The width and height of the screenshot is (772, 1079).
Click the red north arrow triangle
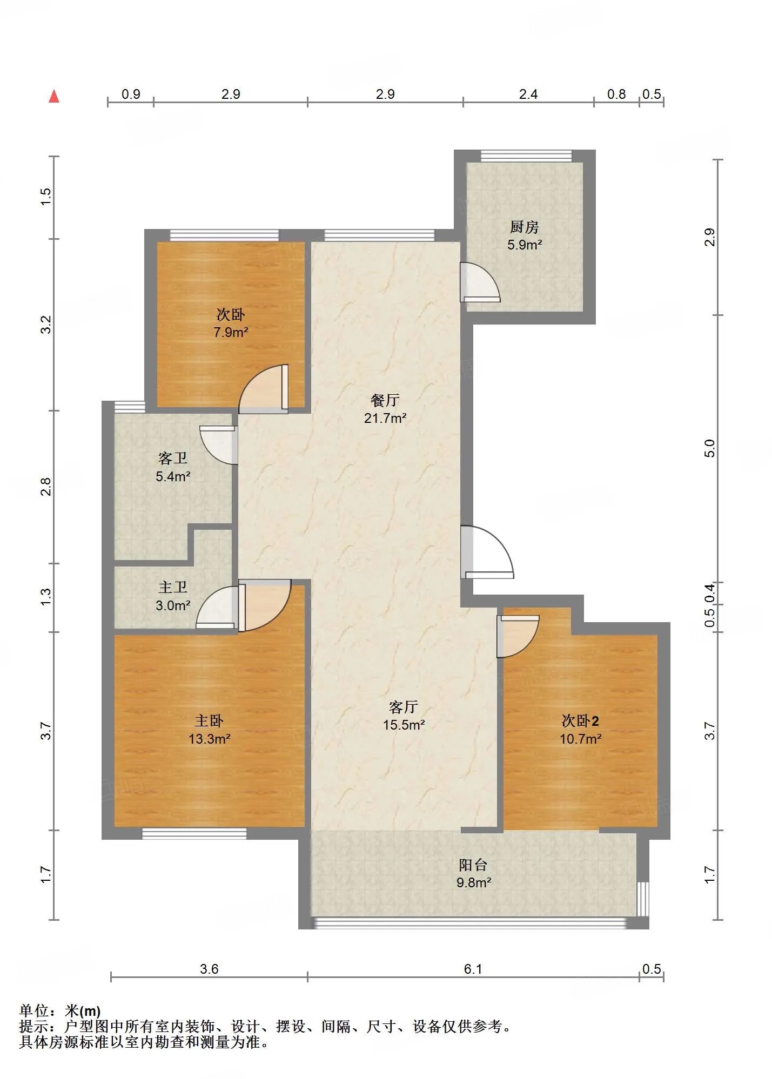pos(54,96)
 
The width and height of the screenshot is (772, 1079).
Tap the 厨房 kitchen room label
pos(524,227)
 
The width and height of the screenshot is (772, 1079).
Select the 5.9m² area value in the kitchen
pos(525,245)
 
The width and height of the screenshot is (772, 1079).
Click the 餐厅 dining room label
pos(385,400)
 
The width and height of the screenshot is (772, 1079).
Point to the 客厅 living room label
pos(404,707)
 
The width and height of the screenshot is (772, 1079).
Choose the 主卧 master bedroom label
pos(209,720)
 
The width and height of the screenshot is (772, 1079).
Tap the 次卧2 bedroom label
pos(580,720)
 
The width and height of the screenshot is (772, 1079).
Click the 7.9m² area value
pos(231,332)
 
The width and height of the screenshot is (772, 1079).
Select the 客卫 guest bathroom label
pos(173,458)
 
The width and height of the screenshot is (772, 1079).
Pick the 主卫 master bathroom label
pos(173,588)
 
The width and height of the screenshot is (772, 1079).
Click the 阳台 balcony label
pos(473,865)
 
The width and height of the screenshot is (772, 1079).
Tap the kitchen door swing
pos(480,282)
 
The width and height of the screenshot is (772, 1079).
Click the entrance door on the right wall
pos(486,552)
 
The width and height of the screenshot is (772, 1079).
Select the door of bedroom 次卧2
pos(518,636)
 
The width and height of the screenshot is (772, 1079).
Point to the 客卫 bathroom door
pos(219,445)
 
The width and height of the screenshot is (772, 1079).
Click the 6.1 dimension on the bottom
pos(473,969)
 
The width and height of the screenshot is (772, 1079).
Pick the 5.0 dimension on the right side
pos(709,449)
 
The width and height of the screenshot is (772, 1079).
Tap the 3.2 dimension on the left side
pos(46,325)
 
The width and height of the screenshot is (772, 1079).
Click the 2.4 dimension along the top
pos(528,95)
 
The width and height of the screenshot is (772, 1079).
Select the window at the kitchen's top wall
pos(526,156)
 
